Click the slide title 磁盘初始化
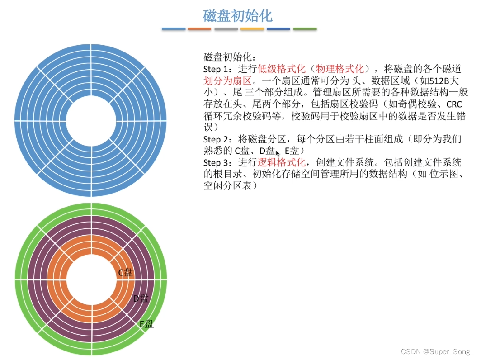pos(238,16)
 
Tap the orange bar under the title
pos(199,29)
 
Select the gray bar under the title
pos(226,29)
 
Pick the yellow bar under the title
pos(252,29)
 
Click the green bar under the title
pos(305,29)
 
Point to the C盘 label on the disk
pos(125,272)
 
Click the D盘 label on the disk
pos(141,298)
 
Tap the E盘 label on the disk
pos(146,324)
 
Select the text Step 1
pos(217,69)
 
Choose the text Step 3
pos(217,162)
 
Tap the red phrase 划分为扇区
pos(224,81)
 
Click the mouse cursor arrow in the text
pos(278,153)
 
